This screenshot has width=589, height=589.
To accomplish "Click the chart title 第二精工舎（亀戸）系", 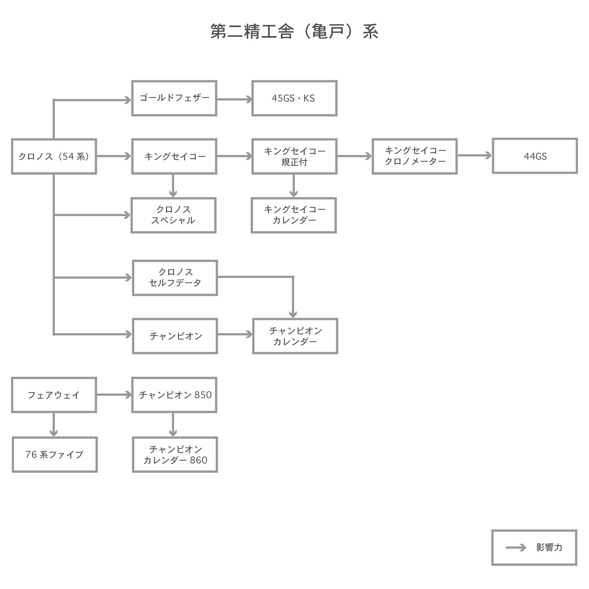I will point(294,32).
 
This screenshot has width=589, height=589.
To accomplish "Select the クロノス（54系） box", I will point(54,156).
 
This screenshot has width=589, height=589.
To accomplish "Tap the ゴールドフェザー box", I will point(174,98).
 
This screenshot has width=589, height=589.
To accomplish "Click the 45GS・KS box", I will point(294,98).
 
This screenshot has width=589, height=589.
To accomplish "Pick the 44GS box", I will point(535,156).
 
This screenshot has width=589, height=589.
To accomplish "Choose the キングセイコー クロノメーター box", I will point(415,156).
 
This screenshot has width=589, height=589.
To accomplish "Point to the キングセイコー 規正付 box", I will point(294,156).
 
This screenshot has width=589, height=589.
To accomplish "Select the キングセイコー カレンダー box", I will point(294,215).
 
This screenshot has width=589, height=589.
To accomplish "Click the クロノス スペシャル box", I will point(173,215).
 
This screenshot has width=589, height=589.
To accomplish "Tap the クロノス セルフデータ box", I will point(175,278).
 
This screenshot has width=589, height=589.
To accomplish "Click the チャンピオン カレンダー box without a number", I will point(295,336).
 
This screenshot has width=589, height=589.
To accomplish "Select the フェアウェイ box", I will point(54,395).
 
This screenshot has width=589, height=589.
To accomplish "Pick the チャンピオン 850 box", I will point(174,395).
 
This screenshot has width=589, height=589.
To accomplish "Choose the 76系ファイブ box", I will point(54,455).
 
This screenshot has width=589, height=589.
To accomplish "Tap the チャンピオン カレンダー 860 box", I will point(175,455).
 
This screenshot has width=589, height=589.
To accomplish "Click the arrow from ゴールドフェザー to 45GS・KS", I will point(234,99).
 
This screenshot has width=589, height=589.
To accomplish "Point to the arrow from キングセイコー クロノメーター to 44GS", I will point(475,155).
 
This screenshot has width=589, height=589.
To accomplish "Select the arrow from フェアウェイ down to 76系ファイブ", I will point(54,424).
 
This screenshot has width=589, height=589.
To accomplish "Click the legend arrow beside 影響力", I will point(516,548).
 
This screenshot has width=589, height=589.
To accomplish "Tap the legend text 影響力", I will point(549,547).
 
